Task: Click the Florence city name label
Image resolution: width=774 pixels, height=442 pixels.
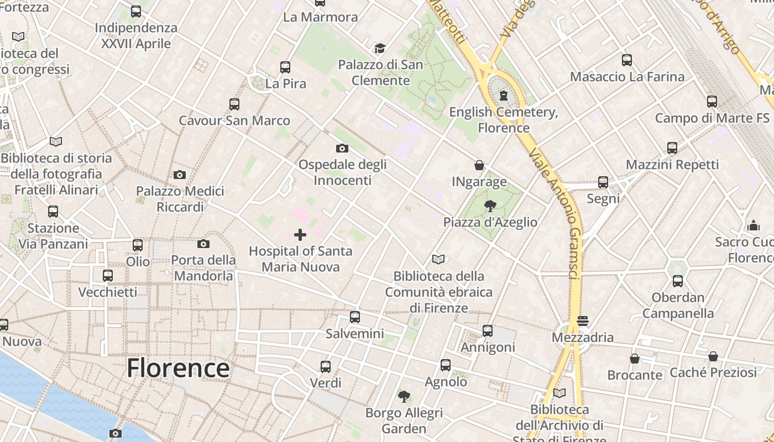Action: (178, 368)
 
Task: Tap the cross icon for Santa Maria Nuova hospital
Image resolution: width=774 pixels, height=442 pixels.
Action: (300, 235)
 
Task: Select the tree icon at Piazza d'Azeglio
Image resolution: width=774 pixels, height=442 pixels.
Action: (490, 206)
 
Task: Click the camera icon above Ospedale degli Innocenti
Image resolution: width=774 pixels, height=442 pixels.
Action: (342, 148)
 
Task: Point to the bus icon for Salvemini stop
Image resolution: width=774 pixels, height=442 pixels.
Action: (355, 317)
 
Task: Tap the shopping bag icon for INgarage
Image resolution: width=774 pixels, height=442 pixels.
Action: (479, 165)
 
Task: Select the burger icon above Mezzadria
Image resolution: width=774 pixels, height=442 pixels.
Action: (582, 321)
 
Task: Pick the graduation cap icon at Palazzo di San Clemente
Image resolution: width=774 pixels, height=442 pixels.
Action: (380, 49)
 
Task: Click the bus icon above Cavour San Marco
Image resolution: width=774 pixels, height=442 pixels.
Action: (234, 104)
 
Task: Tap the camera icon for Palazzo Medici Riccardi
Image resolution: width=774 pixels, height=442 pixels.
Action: (180, 175)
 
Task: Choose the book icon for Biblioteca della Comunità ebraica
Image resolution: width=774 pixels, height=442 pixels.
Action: (438, 259)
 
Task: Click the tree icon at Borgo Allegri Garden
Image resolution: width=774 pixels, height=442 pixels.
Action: (404, 396)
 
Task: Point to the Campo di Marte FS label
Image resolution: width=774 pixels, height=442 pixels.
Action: (712, 118)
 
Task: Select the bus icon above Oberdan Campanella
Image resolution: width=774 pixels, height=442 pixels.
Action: (678, 281)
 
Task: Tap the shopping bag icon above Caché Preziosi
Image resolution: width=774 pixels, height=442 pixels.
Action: (713, 356)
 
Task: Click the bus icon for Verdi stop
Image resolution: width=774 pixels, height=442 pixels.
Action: (326, 366)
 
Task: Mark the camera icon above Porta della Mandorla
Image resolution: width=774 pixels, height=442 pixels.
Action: (203, 244)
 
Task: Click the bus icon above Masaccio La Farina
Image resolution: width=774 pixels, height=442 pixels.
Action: (627, 60)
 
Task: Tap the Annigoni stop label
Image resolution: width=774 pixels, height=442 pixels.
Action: (488, 348)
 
